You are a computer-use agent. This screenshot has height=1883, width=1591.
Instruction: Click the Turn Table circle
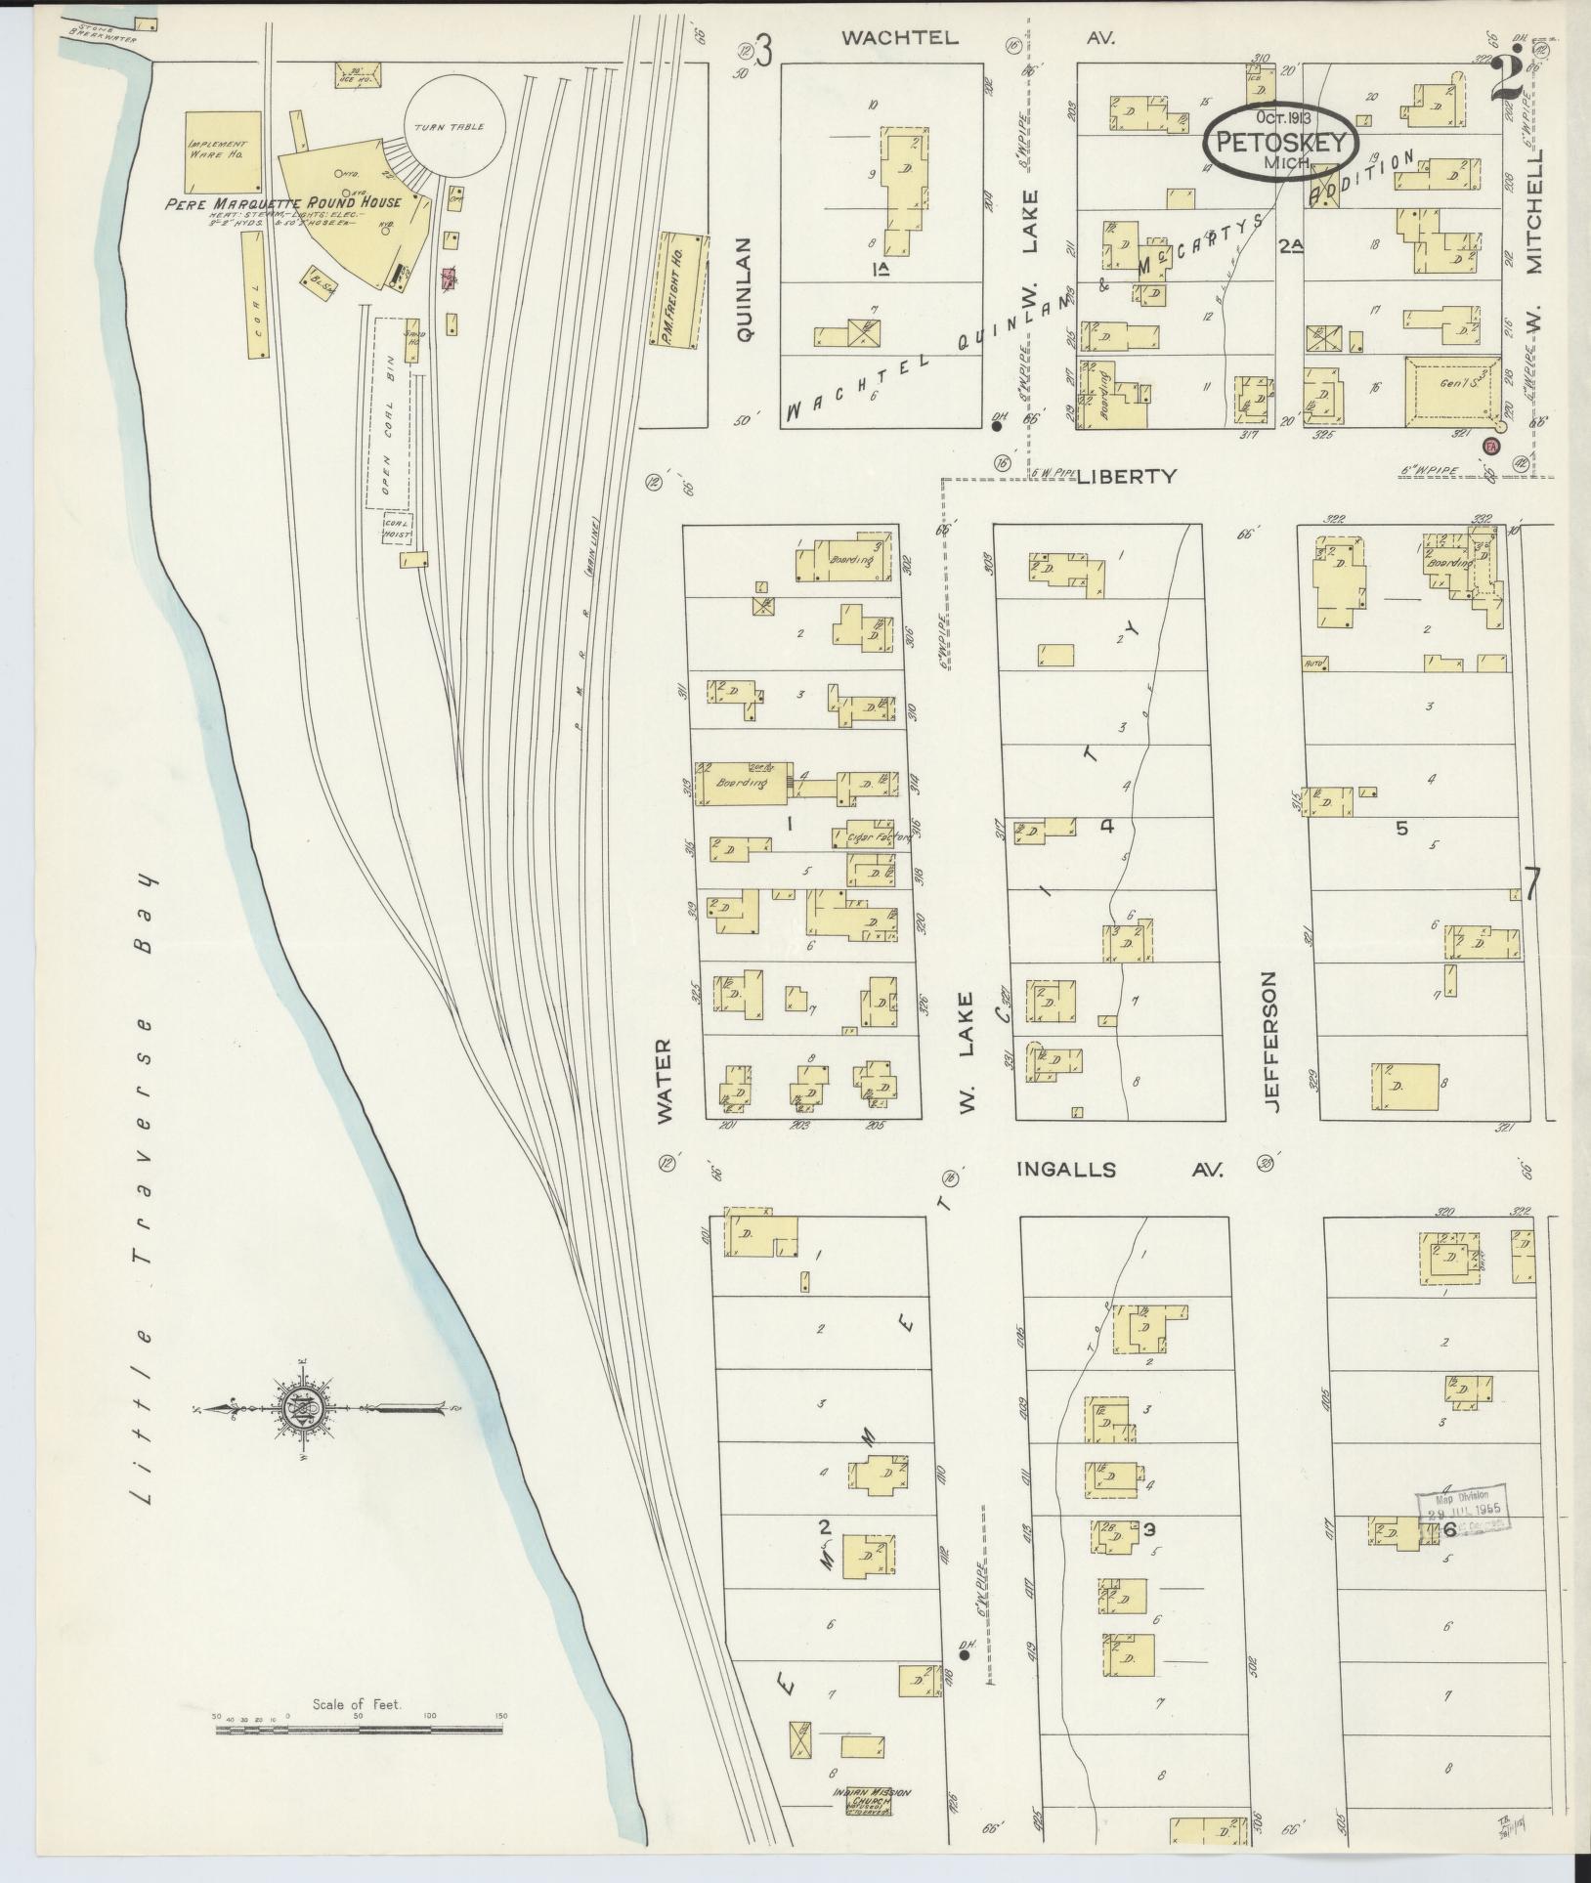click(454, 127)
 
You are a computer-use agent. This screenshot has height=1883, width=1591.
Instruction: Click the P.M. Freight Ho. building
click(681, 290)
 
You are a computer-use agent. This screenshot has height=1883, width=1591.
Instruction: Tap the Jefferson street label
click(1270, 1041)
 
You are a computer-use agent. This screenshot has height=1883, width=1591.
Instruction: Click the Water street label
click(666, 1081)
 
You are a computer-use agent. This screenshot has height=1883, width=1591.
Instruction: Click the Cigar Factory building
click(865, 836)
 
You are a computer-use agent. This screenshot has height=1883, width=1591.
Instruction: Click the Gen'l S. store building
click(1452, 391)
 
